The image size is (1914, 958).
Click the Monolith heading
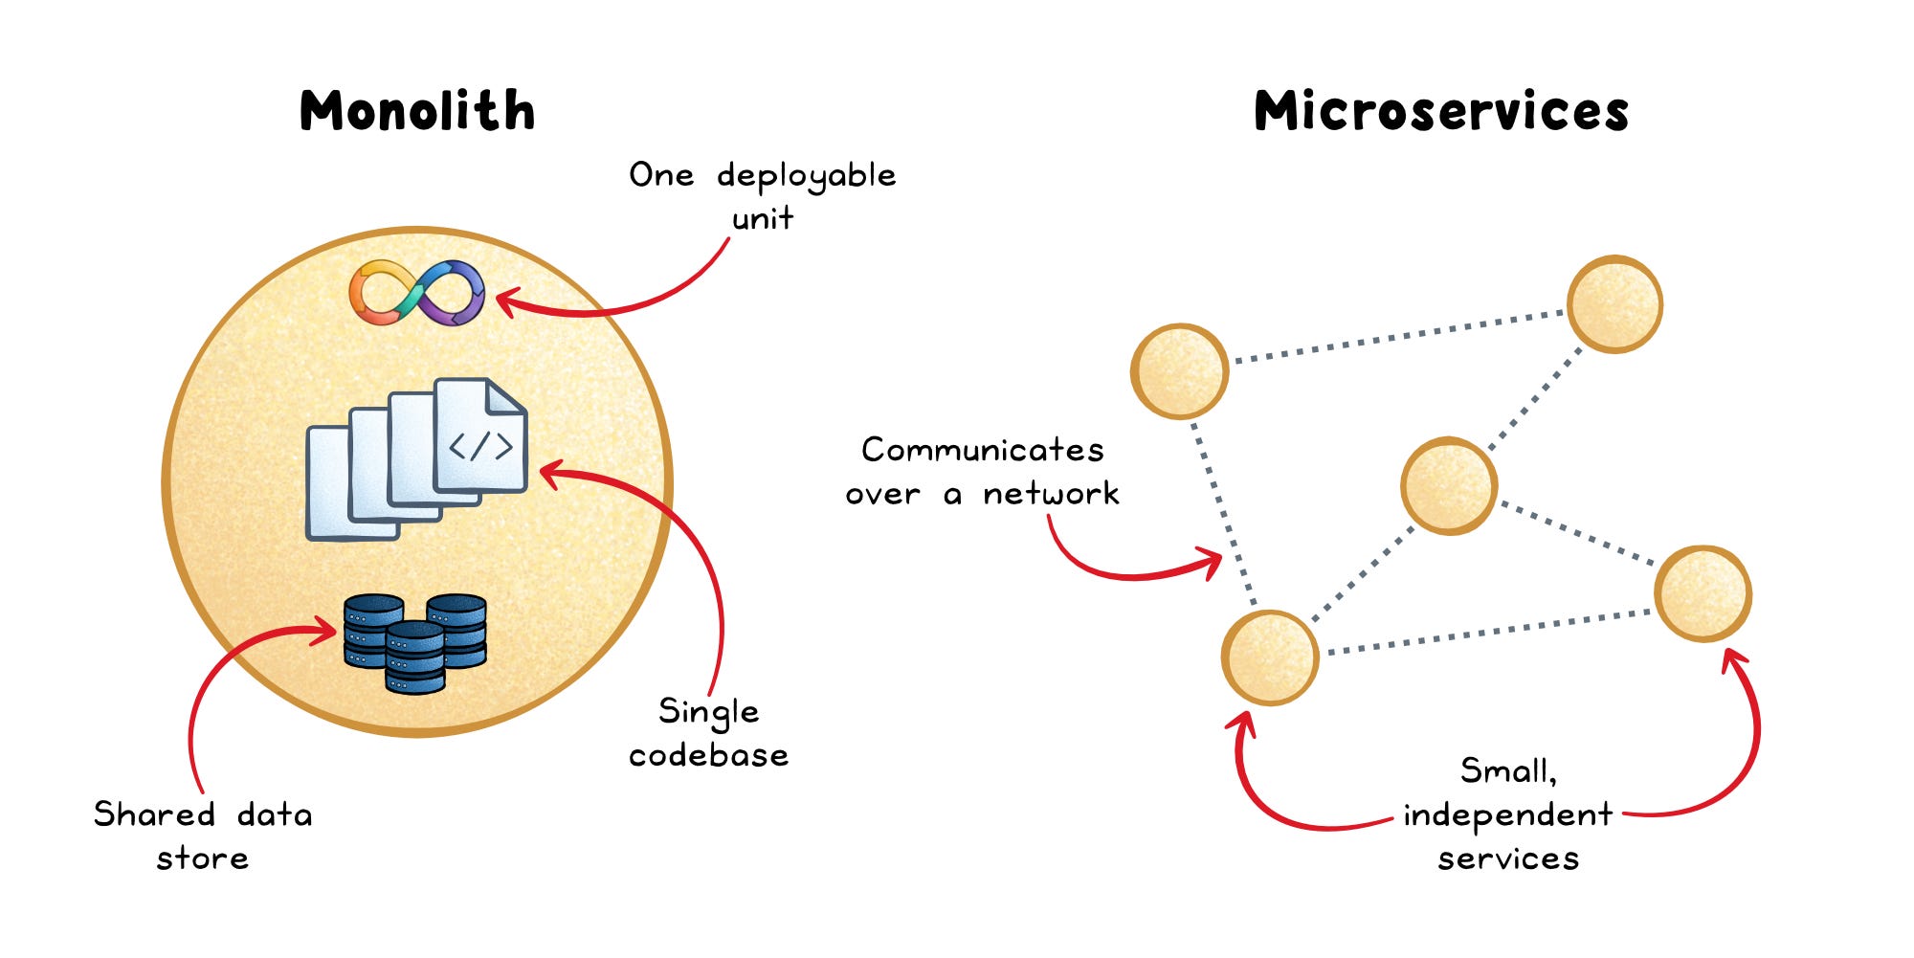pos(417,111)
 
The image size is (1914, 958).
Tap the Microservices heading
pos(1440,111)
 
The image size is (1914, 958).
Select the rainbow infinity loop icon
pos(416,293)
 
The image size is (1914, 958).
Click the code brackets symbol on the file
pos(480,446)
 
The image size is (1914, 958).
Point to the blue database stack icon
pos(415,641)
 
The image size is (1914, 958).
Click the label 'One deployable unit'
pos(763,195)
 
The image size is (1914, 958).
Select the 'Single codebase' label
pos(708,732)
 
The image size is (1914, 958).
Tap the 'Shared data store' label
pos(203,835)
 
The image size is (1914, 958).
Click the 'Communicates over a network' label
pos(982,471)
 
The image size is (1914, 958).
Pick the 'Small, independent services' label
pos(1508,813)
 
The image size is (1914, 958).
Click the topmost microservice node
pos(1614,304)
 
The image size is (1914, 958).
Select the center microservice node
pos(1448,485)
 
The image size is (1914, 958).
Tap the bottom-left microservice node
pos(1270,657)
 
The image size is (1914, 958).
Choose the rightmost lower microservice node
pos(1703,593)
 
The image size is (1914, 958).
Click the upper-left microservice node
pos(1179,371)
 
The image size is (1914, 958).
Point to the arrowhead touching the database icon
pos(330,631)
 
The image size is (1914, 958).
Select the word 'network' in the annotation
pos(1051,494)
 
